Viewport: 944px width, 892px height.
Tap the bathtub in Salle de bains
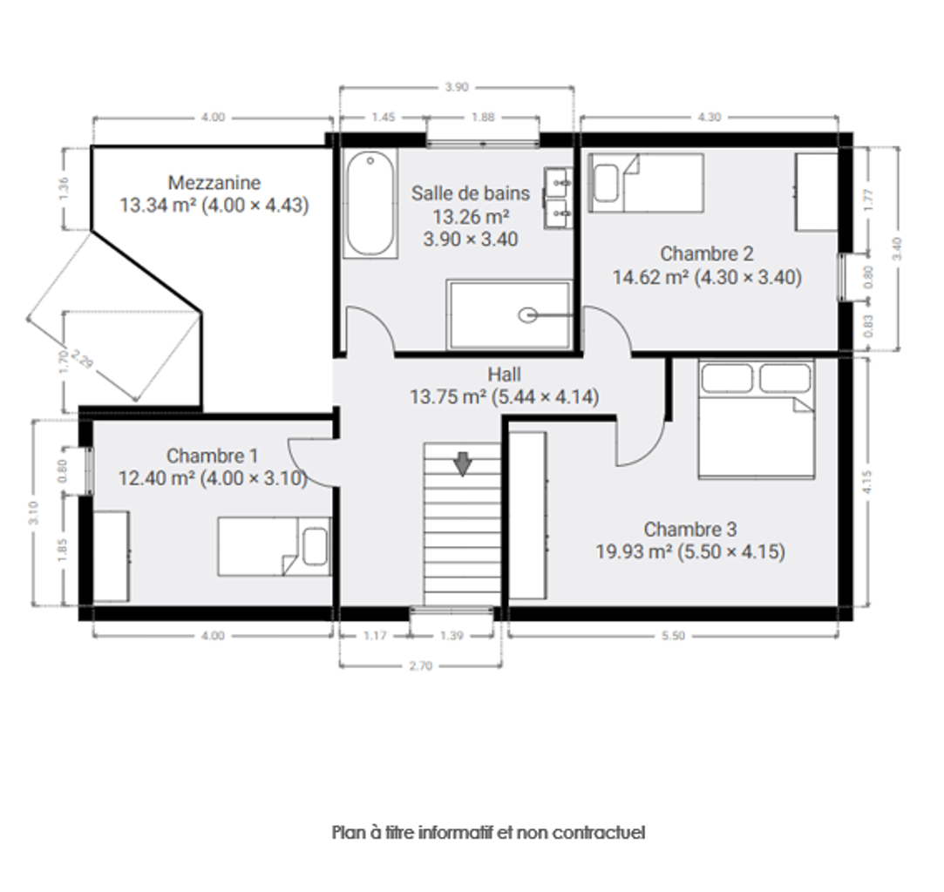370,204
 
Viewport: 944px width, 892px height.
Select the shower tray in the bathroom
509,314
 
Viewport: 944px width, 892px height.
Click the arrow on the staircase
462,464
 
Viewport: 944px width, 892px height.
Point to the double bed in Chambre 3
757,419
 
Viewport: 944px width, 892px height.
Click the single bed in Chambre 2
646,183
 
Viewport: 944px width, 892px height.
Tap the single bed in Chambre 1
274,546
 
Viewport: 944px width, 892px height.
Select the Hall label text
505,374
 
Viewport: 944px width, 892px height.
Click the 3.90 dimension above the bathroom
457,87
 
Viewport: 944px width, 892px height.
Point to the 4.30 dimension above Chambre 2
710,117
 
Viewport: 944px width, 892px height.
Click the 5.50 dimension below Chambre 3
673,636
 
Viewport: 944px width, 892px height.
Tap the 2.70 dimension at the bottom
420,666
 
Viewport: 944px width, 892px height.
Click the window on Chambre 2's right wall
844,277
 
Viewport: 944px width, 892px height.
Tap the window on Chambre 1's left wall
88,470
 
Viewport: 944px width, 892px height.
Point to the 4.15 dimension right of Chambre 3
867,481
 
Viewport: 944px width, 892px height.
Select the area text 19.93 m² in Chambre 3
634,551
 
